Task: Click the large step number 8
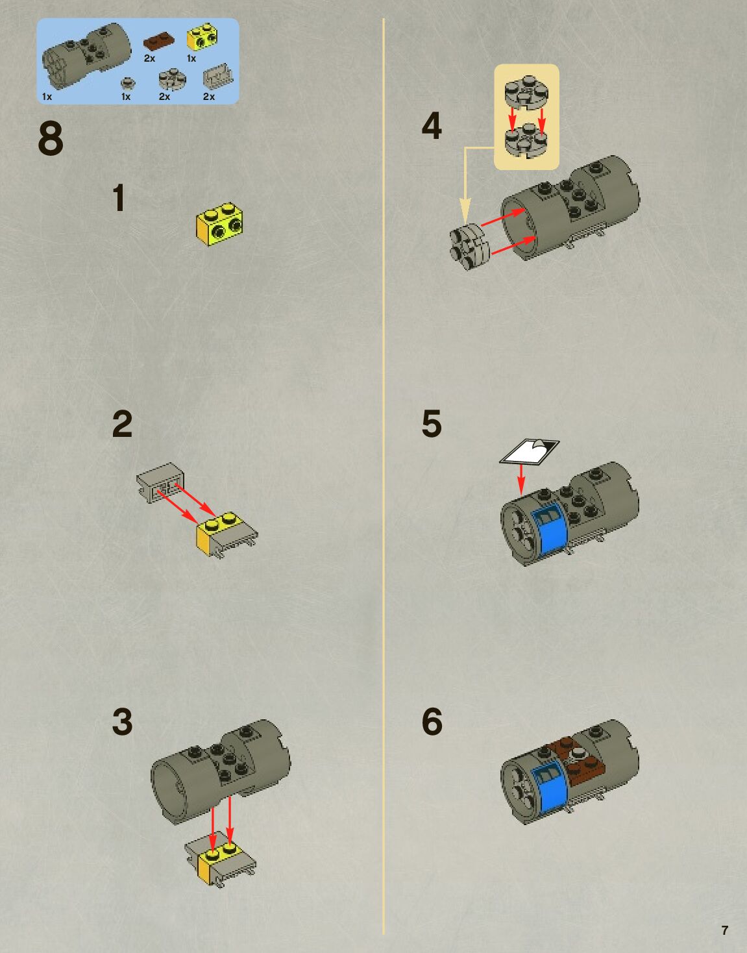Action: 51,138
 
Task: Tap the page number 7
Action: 725,929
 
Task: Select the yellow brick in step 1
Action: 219,224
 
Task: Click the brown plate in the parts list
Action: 159,40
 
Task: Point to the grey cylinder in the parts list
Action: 86,55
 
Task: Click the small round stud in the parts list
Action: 128,82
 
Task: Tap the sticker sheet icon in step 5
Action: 529,451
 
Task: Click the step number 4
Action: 432,126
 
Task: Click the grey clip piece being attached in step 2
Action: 160,482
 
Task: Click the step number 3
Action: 122,722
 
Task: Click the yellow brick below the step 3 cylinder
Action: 219,858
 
